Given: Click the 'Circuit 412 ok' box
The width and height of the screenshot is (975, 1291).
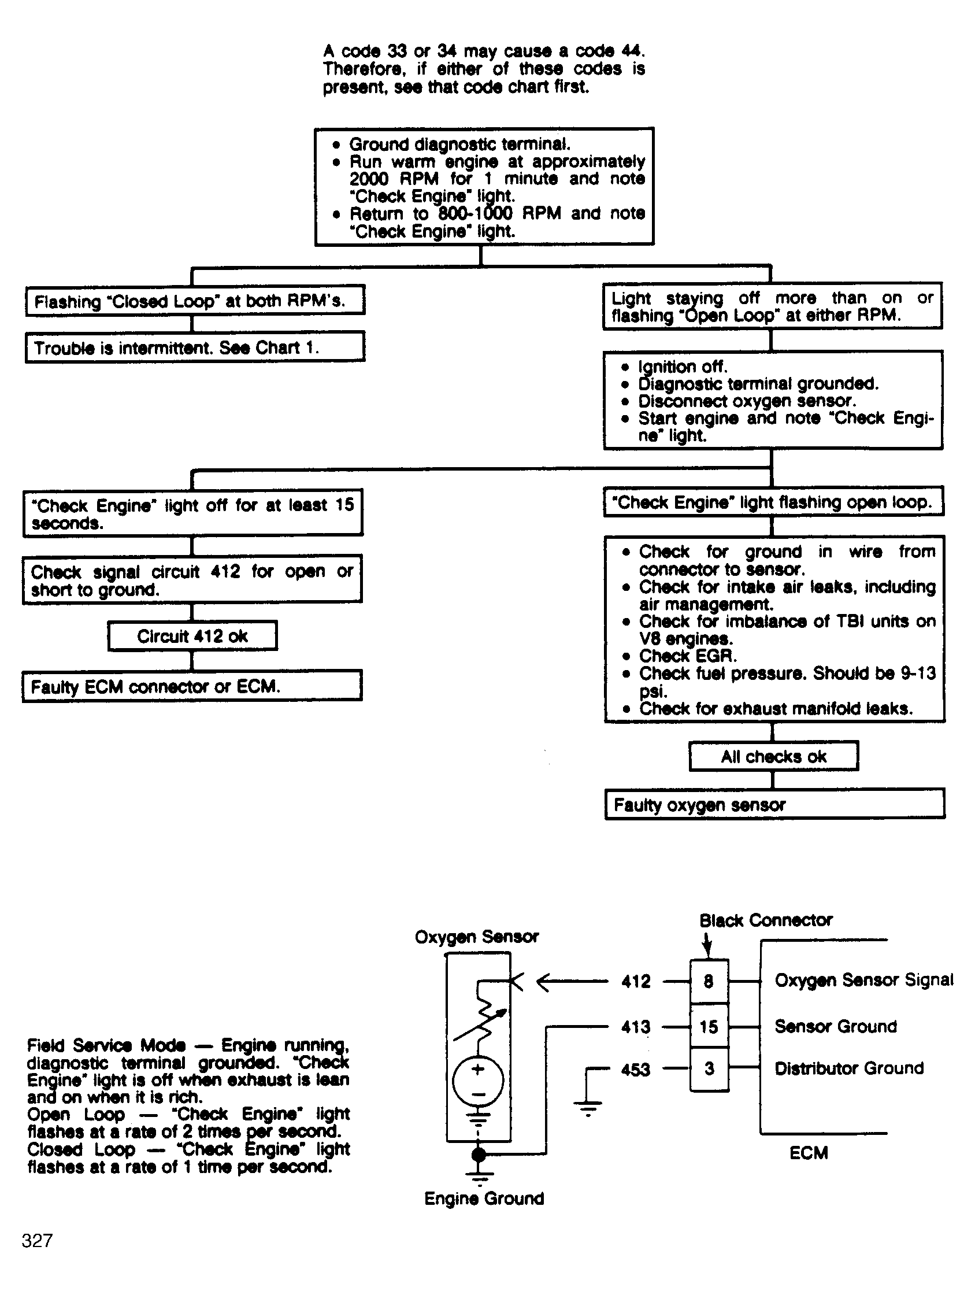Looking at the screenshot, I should pyautogui.click(x=192, y=635).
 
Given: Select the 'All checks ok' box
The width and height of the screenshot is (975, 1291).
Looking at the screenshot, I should pyautogui.click(x=773, y=756).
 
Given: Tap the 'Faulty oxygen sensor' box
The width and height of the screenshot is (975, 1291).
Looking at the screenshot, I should pyautogui.click(x=774, y=805).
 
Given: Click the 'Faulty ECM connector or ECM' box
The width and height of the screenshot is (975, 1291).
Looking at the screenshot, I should pyautogui.click(x=192, y=686).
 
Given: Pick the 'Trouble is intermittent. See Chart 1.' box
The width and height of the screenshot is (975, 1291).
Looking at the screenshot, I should pyautogui.click(x=195, y=347).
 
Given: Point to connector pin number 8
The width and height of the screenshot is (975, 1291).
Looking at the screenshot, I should pyautogui.click(x=709, y=981).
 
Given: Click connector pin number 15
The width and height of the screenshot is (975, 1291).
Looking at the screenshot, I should pyautogui.click(x=709, y=1026).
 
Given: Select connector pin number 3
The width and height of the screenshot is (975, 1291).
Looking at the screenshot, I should pyautogui.click(x=709, y=1068).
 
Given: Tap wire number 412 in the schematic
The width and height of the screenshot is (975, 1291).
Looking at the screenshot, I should pyautogui.click(x=635, y=982).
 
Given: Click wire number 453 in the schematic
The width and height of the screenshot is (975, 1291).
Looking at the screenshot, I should pyautogui.click(x=635, y=1069).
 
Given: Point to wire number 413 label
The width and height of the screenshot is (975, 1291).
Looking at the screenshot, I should pyautogui.click(x=635, y=1027).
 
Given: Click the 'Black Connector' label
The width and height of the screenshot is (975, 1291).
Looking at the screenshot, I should pyautogui.click(x=766, y=920).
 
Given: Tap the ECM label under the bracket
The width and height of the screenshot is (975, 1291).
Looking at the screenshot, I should pyautogui.click(x=808, y=1153).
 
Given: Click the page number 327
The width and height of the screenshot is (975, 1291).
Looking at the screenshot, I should pyautogui.click(x=37, y=1240).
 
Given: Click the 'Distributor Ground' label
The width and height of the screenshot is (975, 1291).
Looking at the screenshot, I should pyautogui.click(x=849, y=1068).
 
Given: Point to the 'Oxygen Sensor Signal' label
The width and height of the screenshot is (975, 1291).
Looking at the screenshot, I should pyautogui.click(x=863, y=980).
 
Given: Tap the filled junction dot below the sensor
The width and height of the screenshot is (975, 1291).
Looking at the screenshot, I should pyautogui.click(x=478, y=1154).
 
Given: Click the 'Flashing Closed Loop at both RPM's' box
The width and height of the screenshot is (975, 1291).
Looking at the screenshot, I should pyautogui.click(x=195, y=301).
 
